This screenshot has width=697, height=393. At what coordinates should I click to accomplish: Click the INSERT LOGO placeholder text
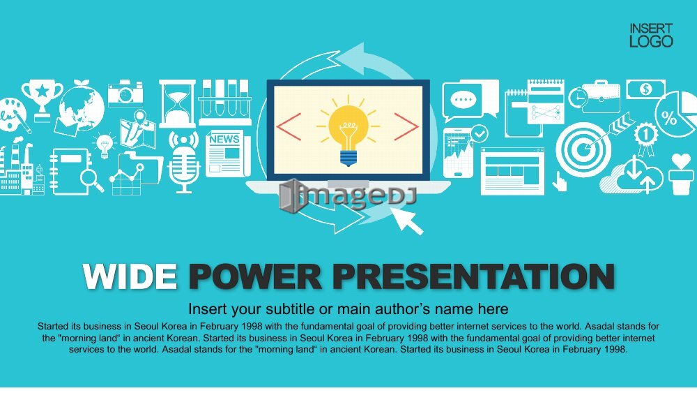pos(651,35)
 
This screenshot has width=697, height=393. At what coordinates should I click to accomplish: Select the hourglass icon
pos(177,104)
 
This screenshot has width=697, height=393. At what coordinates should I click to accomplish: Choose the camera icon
pos(125,93)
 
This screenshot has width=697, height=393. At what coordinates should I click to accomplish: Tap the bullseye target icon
pos(583,150)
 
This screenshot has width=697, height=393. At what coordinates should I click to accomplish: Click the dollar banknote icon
pos(646,89)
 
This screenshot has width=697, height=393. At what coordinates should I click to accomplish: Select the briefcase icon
pos(601,97)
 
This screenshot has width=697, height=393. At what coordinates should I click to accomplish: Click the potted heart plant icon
pos(681,174)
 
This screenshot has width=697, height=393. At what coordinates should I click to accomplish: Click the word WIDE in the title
pos(130,277)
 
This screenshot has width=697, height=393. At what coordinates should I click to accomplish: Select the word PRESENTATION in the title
pos(474,277)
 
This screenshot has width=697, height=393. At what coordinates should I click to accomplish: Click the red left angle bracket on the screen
pos(289,127)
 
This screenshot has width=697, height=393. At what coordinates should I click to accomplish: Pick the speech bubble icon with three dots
pos(463,100)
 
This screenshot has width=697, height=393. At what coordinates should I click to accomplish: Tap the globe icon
pos(82,107)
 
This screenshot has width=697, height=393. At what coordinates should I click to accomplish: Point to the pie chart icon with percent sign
pos(675,114)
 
